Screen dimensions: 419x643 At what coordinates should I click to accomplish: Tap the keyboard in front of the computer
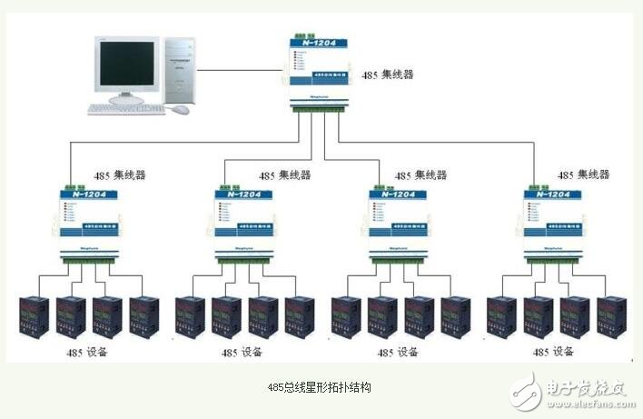127,109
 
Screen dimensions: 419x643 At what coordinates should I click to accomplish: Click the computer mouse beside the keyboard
182,109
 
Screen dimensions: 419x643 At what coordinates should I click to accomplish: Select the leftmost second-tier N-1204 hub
86,223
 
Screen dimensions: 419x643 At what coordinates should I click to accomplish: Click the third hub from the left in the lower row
397,223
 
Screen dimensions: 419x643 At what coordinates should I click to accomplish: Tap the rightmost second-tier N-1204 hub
551,223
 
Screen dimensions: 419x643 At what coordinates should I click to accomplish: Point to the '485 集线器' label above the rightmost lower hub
582,174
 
